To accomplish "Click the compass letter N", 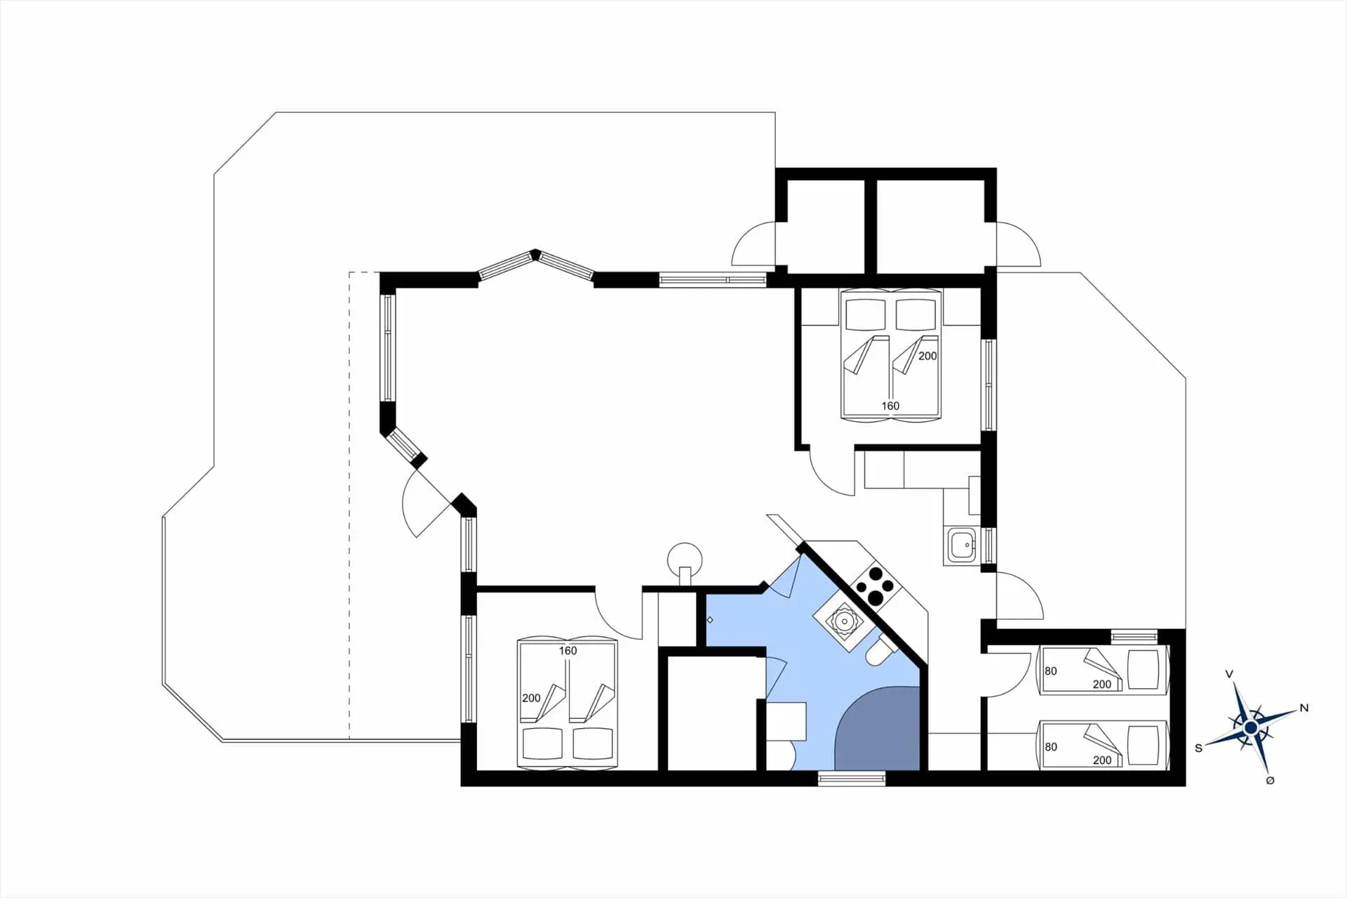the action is click(x=1304, y=708).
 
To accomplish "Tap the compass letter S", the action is click(x=1198, y=748).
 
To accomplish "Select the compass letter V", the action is click(x=1229, y=674).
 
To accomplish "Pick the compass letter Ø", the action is click(x=1270, y=781).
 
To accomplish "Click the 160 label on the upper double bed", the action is click(x=890, y=406).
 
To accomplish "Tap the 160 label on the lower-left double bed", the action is click(x=568, y=651).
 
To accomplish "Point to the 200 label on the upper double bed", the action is click(x=927, y=356).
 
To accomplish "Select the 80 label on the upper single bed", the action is click(x=1050, y=671).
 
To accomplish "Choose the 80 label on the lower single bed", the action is click(x=1050, y=747).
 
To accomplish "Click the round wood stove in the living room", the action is click(x=685, y=560).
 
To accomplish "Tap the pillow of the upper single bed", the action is click(x=1144, y=668).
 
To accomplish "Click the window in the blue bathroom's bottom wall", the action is click(x=852, y=777).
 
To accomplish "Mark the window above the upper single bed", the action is click(x=1134, y=637).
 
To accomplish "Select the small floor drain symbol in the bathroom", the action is click(x=710, y=620).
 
